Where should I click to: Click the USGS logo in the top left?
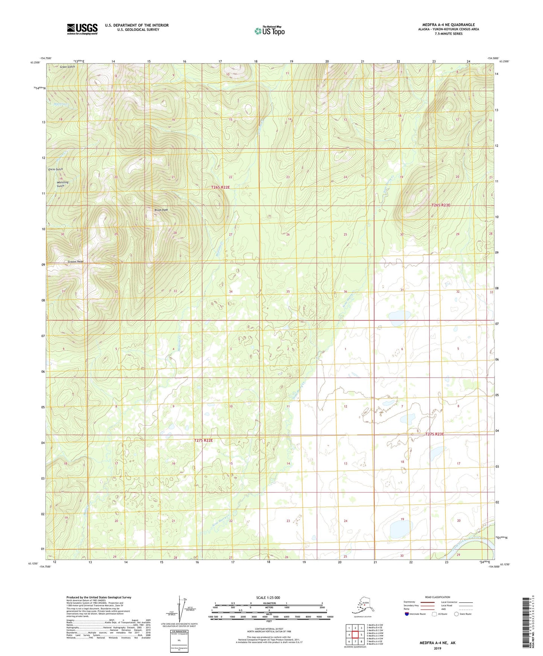[x=82, y=29]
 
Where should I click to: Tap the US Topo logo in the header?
[x=269, y=31]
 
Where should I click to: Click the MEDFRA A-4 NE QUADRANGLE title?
[x=448, y=25]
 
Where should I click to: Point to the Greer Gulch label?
[x=67, y=67]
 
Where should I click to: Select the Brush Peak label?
[x=161, y=210]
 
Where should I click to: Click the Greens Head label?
[x=75, y=261]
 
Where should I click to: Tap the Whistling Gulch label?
[x=62, y=184]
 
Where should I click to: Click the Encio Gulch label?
[x=56, y=169]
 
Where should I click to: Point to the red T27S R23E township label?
[x=434, y=434]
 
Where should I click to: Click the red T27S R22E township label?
[x=203, y=440]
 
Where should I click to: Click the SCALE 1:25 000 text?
[x=268, y=597]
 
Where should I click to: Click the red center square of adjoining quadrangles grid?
[x=355, y=635]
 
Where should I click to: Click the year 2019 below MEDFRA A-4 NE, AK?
[x=437, y=648]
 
